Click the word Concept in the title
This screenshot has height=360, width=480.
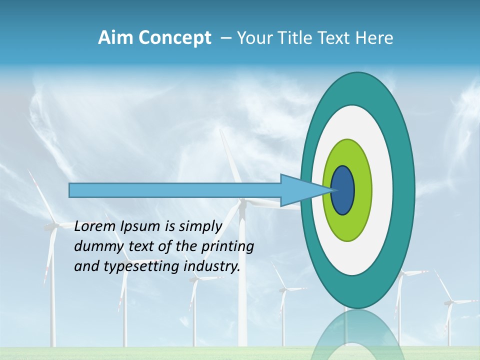click(x=174, y=38)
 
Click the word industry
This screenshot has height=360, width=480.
click(x=212, y=266)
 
